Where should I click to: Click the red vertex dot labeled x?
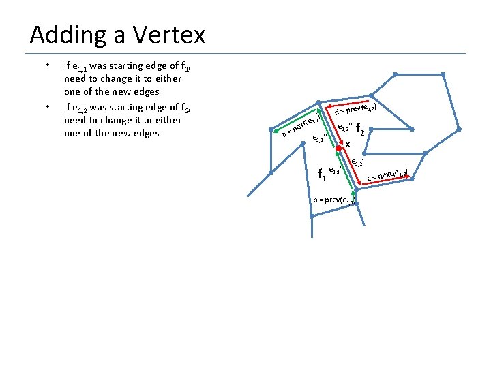pyautogui.click(x=338, y=148)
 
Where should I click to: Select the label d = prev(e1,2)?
pyautogui.click(x=356, y=108)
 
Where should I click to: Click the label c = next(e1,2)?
pyautogui.click(x=387, y=175)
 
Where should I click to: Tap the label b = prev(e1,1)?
pyautogui.click(x=333, y=200)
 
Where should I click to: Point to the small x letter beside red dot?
pyautogui.click(x=348, y=144)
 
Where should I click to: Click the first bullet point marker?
pyautogui.click(x=47, y=66)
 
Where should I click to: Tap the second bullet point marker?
pyautogui.click(x=47, y=107)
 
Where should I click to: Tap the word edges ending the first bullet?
pyautogui.click(x=146, y=91)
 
